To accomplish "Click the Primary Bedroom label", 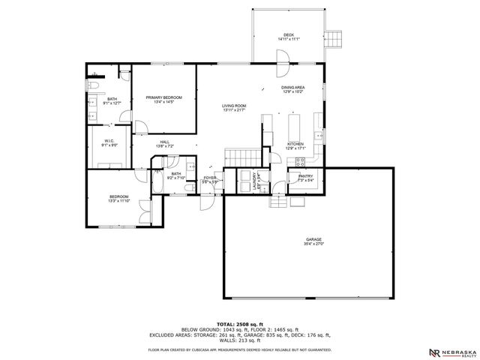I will tap(163, 97).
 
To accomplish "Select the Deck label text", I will tap(289, 34).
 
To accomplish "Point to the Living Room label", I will tap(233, 106).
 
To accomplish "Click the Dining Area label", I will tap(292, 88).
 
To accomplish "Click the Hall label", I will tap(163, 141).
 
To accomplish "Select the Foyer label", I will tap(210, 178).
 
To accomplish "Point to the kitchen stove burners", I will tap(300, 161).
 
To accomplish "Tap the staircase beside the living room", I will tap(241, 157).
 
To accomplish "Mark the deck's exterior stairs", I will tap(334, 39).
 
